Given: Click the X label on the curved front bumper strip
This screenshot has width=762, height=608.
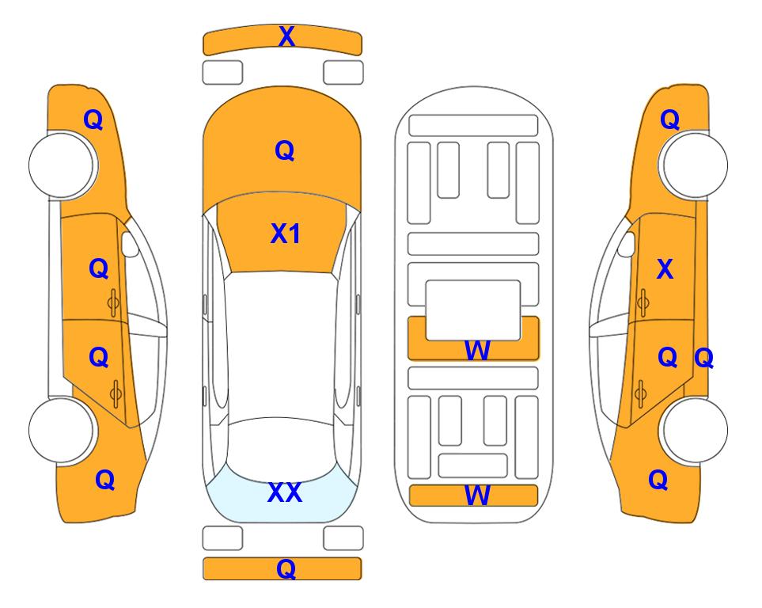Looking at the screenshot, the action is pos(286,36).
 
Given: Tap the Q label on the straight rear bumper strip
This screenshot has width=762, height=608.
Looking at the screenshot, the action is pos(286,568).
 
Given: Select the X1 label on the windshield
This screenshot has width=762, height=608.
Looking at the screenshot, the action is pos(286,234).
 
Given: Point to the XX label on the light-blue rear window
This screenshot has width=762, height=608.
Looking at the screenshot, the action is pos(285,492).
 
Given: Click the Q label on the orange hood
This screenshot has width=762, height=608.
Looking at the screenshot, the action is pos(285,150).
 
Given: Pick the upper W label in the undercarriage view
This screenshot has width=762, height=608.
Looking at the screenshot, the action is pos(476,350).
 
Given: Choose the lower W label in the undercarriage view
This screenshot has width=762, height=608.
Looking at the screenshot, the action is pos(476,496).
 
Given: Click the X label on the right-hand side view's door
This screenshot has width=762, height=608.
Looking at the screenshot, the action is pos(665,269).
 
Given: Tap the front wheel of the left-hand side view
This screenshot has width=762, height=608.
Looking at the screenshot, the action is pos(62,165).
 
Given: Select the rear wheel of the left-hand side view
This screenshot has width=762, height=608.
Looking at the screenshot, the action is pos(62,430).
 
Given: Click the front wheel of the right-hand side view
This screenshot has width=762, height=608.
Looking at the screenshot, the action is pos(694,165).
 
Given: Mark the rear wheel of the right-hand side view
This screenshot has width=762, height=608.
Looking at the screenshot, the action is pos(694,430).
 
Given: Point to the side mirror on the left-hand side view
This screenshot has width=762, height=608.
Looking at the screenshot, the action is pos(130,244).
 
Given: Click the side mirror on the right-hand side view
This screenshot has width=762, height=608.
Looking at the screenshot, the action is pos(627,244).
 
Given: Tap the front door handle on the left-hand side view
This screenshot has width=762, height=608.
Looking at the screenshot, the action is pos(113,303).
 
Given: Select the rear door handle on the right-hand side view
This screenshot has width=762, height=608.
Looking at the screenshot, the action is pos(641,394).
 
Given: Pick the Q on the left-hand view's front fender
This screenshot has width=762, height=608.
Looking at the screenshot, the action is pos(93,120).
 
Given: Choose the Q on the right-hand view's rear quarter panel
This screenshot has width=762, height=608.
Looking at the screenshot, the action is pos(658,480).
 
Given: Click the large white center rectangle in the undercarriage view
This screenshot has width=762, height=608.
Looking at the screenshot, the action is pos(473,310).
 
